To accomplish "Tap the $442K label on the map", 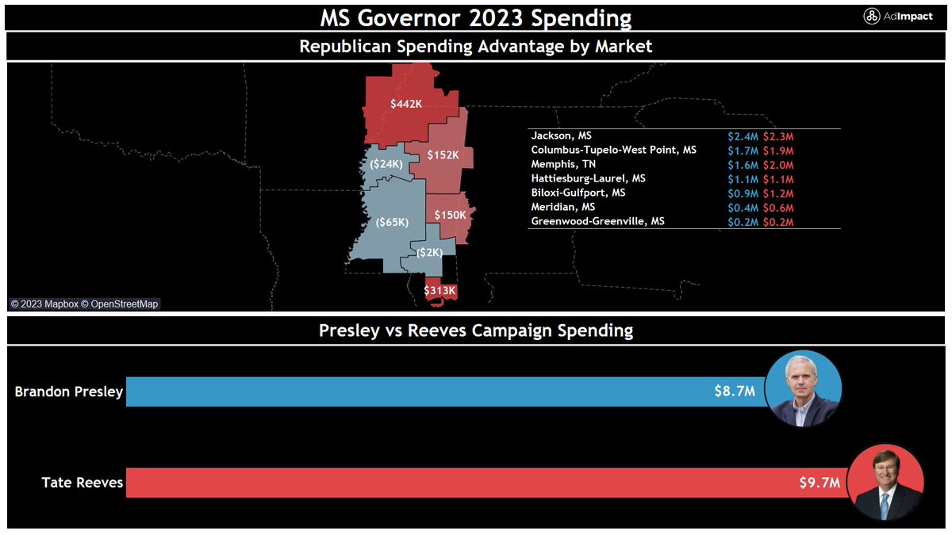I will pos(406,104).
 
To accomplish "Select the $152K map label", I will pos(443,155).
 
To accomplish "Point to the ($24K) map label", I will pos(386,164).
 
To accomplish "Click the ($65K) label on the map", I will pos(392,223).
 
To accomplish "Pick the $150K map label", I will pos(450,215).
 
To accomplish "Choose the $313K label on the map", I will pos(440,291).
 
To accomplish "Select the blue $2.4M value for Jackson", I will pos(743,136).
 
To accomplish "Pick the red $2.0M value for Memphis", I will pos(778,165).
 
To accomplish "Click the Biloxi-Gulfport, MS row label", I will pos(578,193).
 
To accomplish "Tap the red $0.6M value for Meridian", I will pos(778,208).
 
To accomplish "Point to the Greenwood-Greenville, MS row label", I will pos(597,222).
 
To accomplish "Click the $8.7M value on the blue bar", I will pos(734,392).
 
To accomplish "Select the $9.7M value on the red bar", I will pos(820,483).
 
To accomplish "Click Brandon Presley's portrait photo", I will pos(803,389).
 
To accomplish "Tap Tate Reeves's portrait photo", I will pos(886,483).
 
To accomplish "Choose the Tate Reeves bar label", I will pos(83,483).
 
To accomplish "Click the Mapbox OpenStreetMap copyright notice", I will pos(84,304).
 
